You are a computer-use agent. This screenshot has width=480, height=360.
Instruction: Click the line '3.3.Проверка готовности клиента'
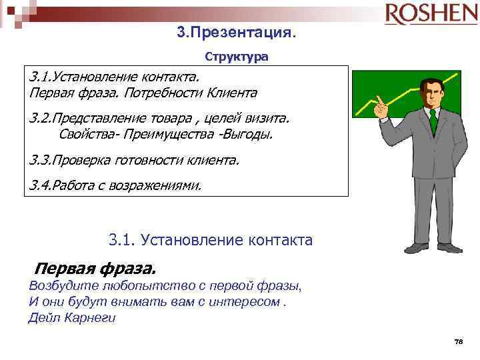pyautogui.click(x=134, y=160)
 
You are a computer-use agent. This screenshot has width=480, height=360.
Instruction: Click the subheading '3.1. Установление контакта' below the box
pyautogui.click(x=209, y=239)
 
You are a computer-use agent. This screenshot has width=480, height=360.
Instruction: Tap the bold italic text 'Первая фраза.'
pyautogui.click(x=94, y=269)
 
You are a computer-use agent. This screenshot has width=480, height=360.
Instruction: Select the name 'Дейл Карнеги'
pyautogui.click(x=72, y=317)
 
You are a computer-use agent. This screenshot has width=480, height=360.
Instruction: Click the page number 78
pyautogui.click(x=457, y=341)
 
